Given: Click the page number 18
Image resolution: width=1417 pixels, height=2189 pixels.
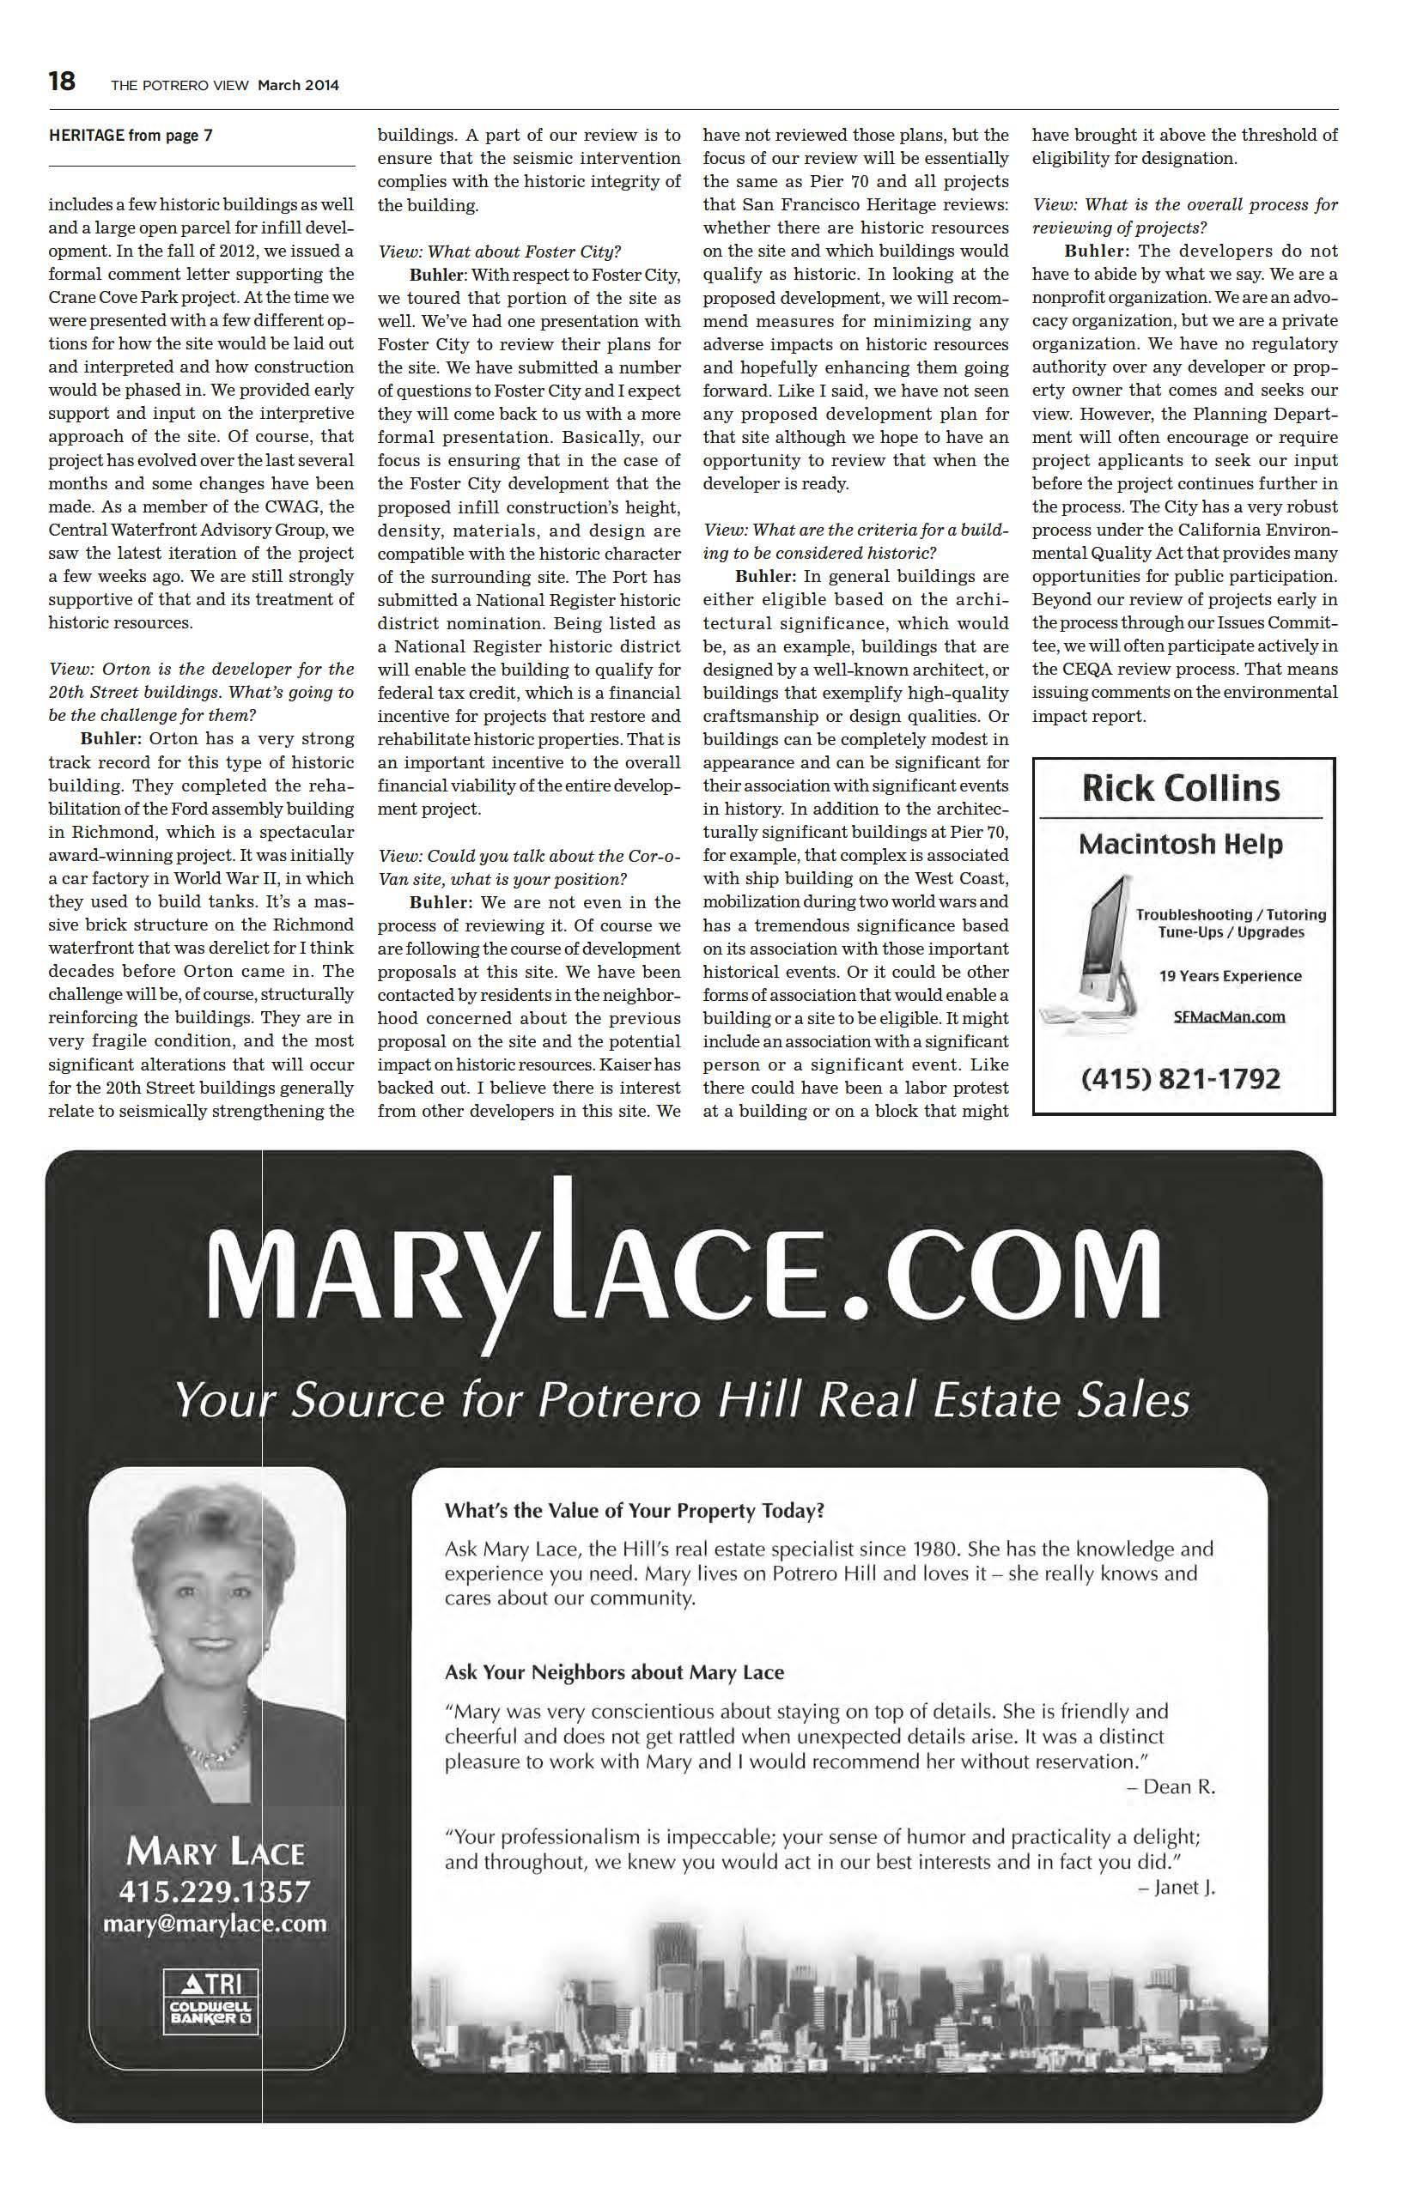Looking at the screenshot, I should [x=62, y=82].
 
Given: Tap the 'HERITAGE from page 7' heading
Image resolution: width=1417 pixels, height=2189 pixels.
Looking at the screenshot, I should [x=131, y=136].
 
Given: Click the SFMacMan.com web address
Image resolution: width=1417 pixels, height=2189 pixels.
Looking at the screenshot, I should [x=1229, y=1016].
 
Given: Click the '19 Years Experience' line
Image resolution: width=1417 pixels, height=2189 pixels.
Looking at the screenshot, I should [x=1229, y=976].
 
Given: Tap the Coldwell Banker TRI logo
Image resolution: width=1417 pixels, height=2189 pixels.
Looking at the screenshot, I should [x=210, y=1993].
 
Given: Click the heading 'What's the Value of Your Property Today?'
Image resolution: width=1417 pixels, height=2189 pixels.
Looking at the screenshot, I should [x=634, y=1510].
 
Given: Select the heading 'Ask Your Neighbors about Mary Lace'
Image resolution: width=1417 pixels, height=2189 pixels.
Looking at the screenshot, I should [x=614, y=1672].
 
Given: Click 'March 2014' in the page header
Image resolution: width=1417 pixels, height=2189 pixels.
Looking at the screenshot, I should [x=298, y=86].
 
